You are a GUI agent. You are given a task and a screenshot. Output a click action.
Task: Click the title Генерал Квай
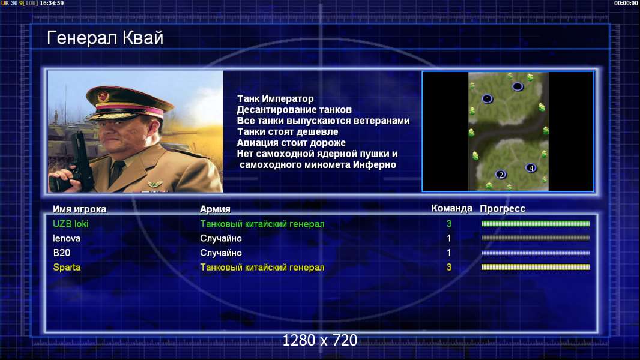tap(105, 38)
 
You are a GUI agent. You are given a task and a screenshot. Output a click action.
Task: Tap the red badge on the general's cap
tap(104, 97)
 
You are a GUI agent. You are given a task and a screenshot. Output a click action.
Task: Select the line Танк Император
tap(276, 98)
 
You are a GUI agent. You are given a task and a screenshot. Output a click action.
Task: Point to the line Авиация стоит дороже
tap(291, 143)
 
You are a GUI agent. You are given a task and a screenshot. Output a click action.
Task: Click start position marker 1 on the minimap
tap(488, 99)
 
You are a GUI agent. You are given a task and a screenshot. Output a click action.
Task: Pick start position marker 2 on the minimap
tap(501, 175)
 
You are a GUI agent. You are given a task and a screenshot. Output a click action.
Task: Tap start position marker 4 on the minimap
tap(531, 168)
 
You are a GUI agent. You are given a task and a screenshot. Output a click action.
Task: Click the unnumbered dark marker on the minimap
tap(518, 86)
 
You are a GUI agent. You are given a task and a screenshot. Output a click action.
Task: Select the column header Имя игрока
tap(80, 209)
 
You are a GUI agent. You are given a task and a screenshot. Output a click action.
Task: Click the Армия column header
tap(215, 209)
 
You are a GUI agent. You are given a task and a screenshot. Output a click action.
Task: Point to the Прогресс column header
tap(503, 209)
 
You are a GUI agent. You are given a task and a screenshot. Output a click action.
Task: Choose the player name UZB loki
tap(71, 224)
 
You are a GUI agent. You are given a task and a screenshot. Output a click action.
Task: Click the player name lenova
tap(67, 239)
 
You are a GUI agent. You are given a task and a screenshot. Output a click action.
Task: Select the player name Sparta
tap(67, 268)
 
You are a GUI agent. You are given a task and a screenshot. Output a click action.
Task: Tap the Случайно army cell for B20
tap(221, 253)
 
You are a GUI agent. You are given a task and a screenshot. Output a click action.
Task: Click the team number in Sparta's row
tap(449, 268)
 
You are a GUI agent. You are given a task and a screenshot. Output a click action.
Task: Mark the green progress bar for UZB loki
tap(536, 223)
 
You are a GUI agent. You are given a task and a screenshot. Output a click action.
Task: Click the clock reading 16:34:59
tap(52, 3)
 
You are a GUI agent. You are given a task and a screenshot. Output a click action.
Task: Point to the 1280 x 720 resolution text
tap(320, 340)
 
